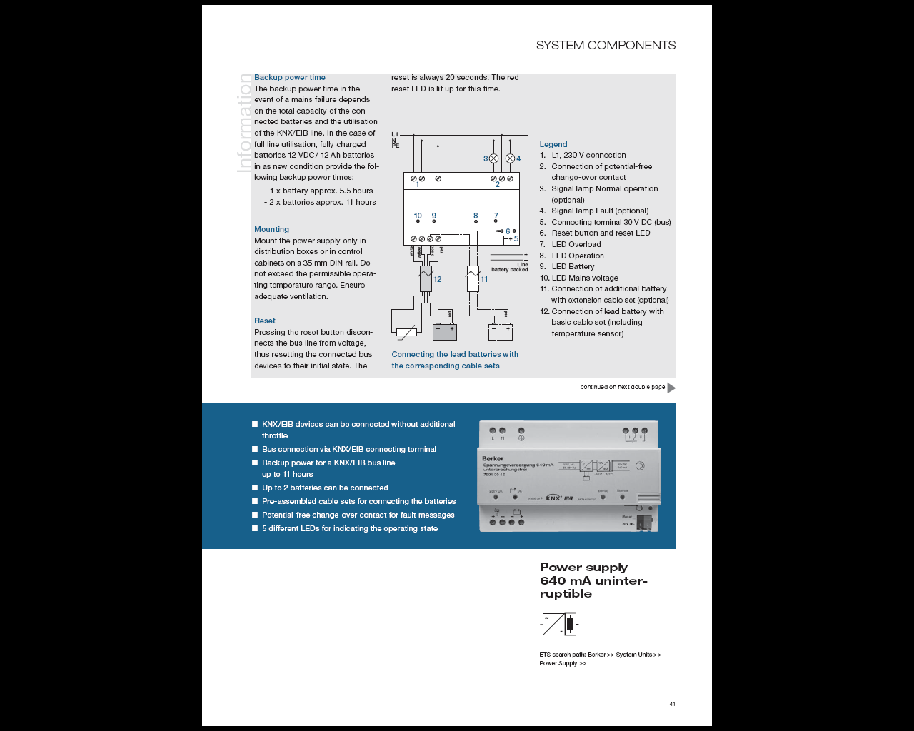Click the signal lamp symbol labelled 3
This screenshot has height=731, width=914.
tap(493, 158)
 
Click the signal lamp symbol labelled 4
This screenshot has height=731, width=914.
tap(510, 158)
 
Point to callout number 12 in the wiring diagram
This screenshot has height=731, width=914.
tap(438, 279)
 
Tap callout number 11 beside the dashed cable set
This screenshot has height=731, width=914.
tap(484, 279)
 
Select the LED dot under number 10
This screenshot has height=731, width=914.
tap(418, 222)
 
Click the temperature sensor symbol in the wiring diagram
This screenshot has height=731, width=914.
tap(406, 331)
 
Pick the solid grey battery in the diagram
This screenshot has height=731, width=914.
tap(444, 331)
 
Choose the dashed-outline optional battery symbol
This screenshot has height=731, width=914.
tap(500, 331)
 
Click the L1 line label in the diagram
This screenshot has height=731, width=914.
tap(395, 134)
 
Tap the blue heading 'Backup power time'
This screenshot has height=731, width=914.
tap(290, 77)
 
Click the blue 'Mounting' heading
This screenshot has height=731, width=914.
tap(272, 229)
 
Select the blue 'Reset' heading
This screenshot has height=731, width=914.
tap(265, 321)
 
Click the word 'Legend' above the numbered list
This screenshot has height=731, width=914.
tap(553, 144)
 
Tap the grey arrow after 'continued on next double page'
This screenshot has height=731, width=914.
tap(671, 388)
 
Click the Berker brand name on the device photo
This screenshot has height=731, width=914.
tap(493, 458)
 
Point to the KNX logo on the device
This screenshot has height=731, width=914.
tap(553, 498)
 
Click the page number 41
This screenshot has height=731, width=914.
tap(672, 704)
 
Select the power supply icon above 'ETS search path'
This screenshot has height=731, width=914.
tap(559, 625)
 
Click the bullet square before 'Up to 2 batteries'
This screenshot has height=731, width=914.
tap(255, 488)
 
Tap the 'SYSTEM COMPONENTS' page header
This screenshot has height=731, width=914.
tap(606, 45)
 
